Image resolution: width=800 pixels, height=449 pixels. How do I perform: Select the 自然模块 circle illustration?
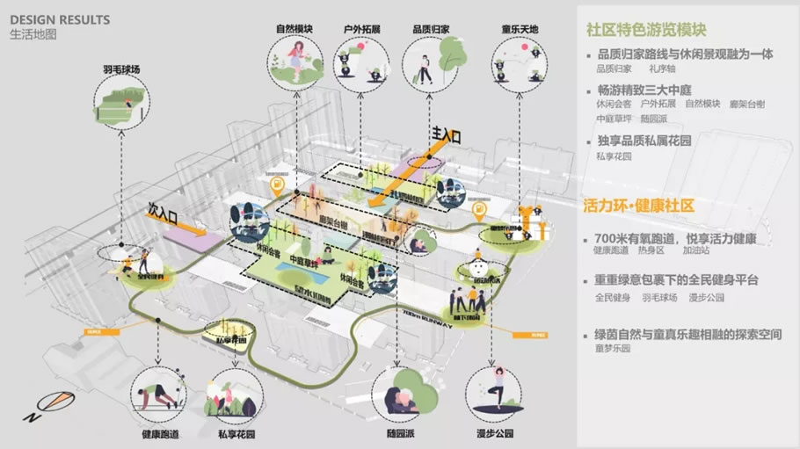295,62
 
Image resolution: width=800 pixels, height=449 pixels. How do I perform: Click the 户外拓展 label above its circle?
361,29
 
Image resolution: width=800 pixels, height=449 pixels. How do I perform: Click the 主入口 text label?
445,134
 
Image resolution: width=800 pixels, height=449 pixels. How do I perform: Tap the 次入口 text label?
164,214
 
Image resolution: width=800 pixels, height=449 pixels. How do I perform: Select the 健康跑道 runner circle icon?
158,394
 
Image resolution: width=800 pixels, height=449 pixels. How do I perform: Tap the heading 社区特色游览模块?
650,28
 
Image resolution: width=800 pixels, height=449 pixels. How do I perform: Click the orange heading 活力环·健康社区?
639,205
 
